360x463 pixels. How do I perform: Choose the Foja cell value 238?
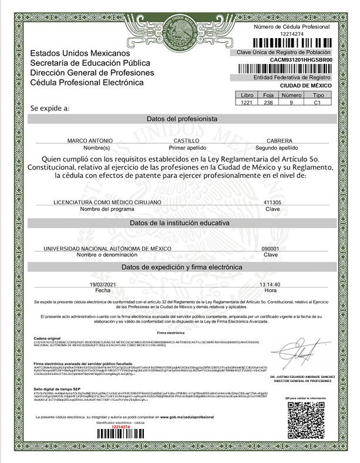[268, 102]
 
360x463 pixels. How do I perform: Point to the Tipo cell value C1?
[318, 102]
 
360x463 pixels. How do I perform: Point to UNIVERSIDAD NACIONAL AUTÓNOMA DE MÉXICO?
[103, 249]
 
